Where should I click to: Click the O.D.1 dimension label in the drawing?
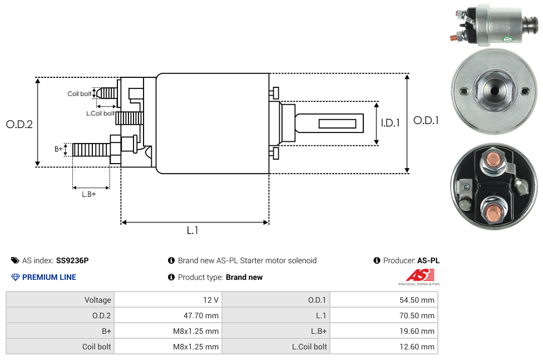pos(426,120)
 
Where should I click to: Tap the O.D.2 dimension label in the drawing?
pos(19,125)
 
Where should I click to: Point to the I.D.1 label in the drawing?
pos(390,123)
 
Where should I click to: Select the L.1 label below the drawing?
pos(192,230)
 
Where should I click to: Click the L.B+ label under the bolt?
pos(89,194)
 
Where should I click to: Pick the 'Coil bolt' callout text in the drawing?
pos(80,94)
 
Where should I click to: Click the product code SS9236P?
pos(72,260)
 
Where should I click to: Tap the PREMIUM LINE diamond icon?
pos(16,277)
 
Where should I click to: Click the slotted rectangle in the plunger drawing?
pos(337,123)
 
